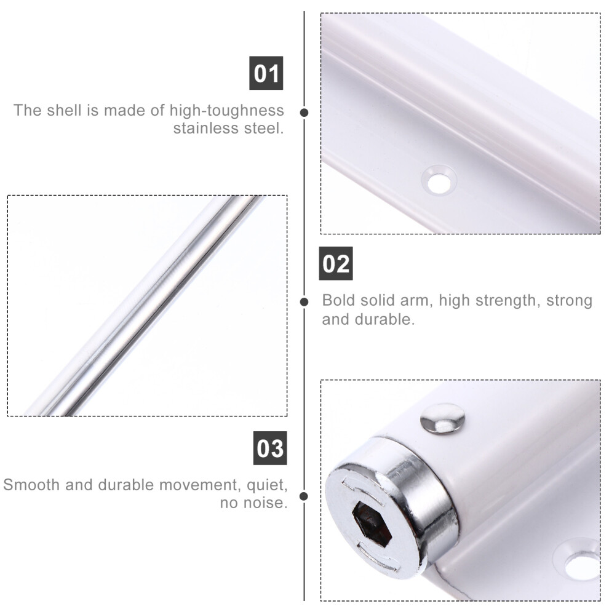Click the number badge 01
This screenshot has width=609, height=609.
[x=266, y=73]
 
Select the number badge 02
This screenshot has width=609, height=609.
[x=336, y=263]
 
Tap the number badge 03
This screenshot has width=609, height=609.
[x=270, y=448]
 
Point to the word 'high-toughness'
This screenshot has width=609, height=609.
[x=227, y=111]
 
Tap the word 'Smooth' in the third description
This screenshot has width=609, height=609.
[x=32, y=485]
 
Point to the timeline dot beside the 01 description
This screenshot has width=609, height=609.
[x=304, y=113]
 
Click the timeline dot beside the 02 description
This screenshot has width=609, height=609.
[x=304, y=302]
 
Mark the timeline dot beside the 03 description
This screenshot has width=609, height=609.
[x=304, y=496]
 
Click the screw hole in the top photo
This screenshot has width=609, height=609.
[x=439, y=180]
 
